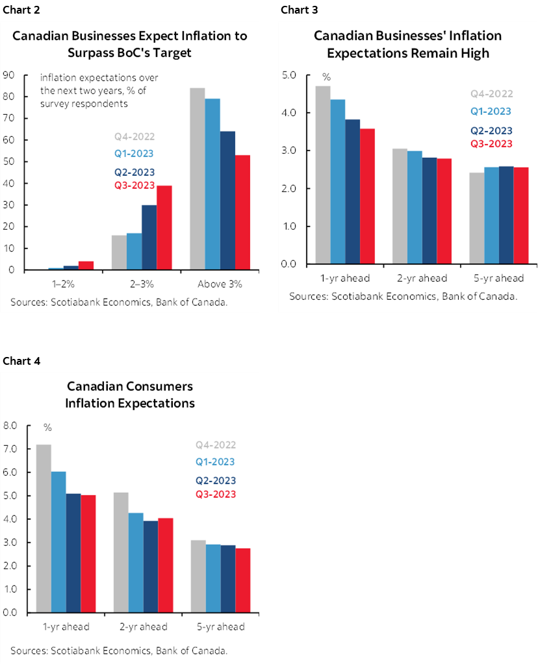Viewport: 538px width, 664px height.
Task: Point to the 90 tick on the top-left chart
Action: pyautogui.click(x=10, y=75)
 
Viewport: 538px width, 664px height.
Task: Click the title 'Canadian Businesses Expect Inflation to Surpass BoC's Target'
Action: pyautogui.click(x=130, y=43)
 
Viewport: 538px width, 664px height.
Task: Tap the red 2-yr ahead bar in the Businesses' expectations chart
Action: pyautogui.click(x=445, y=212)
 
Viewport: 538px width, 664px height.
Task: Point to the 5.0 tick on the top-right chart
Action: pyautogui.click(x=289, y=75)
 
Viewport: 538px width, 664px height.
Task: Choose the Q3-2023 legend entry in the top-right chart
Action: pyautogui.click(x=491, y=144)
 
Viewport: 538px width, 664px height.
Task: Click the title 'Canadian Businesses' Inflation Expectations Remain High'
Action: pyautogui.click(x=407, y=43)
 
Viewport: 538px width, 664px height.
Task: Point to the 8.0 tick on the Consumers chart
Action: pyautogui.click(x=10, y=426)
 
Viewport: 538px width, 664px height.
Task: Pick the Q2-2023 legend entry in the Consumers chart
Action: pyautogui.click(x=216, y=481)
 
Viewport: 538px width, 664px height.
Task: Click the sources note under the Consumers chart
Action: pyautogui.click(x=119, y=650)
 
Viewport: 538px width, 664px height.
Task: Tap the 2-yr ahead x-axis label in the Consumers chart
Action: pyautogui.click(x=143, y=627)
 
